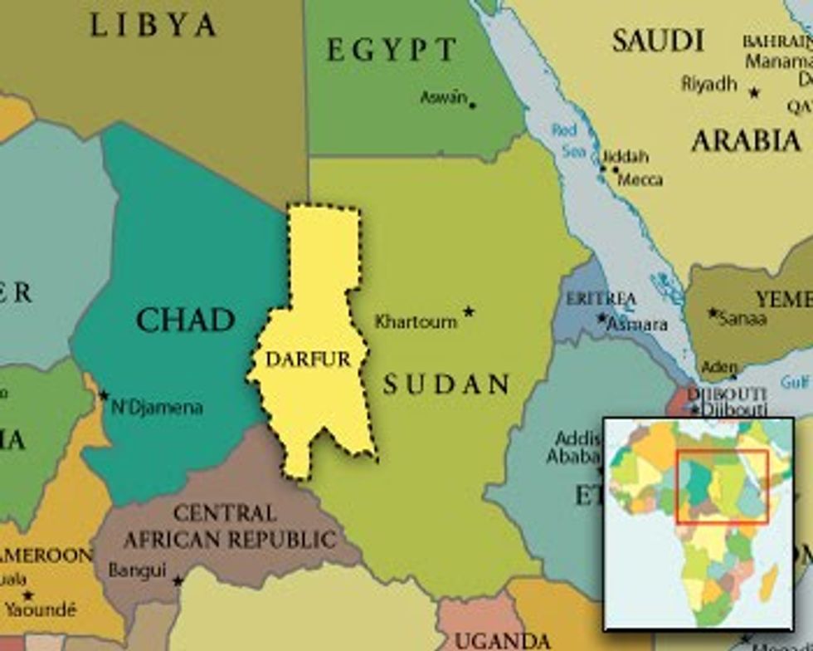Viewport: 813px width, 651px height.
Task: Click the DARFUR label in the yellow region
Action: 307,360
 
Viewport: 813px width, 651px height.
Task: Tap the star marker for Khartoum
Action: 469,311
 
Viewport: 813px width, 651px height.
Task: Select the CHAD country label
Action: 185,320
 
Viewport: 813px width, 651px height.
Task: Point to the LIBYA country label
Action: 153,26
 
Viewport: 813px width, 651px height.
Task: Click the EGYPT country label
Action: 392,51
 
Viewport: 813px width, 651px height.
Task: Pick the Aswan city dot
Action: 472,105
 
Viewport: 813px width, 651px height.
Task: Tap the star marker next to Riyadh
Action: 754,92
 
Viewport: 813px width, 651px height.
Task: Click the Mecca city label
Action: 640,179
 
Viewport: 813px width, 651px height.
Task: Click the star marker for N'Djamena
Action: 104,395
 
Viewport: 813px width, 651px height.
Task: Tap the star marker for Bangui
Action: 178,580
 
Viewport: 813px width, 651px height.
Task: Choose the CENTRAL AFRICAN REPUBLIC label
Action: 230,526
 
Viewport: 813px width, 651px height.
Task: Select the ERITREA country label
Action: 601,298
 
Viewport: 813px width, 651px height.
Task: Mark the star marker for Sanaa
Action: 712,313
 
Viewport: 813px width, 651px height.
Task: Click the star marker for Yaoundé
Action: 28,595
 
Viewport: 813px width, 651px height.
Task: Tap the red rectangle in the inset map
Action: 721,487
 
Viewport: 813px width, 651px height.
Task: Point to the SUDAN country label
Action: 446,384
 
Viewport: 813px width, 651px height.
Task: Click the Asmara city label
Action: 636,325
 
